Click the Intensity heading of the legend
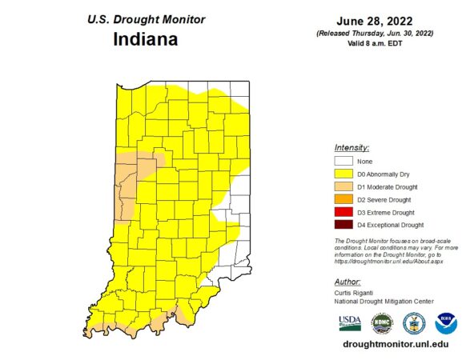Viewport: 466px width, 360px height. click(x=352, y=148)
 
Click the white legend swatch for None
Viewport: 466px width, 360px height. click(x=343, y=162)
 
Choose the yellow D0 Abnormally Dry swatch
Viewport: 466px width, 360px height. click(x=343, y=174)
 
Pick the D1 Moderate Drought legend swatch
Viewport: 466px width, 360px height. click(x=343, y=187)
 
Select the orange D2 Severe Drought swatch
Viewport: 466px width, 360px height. click(x=343, y=199)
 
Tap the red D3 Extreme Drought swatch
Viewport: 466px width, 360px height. click(x=343, y=212)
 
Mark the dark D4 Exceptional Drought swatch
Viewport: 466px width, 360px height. click(x=343, y=225)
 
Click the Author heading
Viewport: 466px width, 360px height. click(x=347, y=282)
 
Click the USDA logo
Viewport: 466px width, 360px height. click(x=350, y=323)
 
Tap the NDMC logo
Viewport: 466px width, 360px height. click(x=379, y=323)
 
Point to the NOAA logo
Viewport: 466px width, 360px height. click(x=445, y=323)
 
